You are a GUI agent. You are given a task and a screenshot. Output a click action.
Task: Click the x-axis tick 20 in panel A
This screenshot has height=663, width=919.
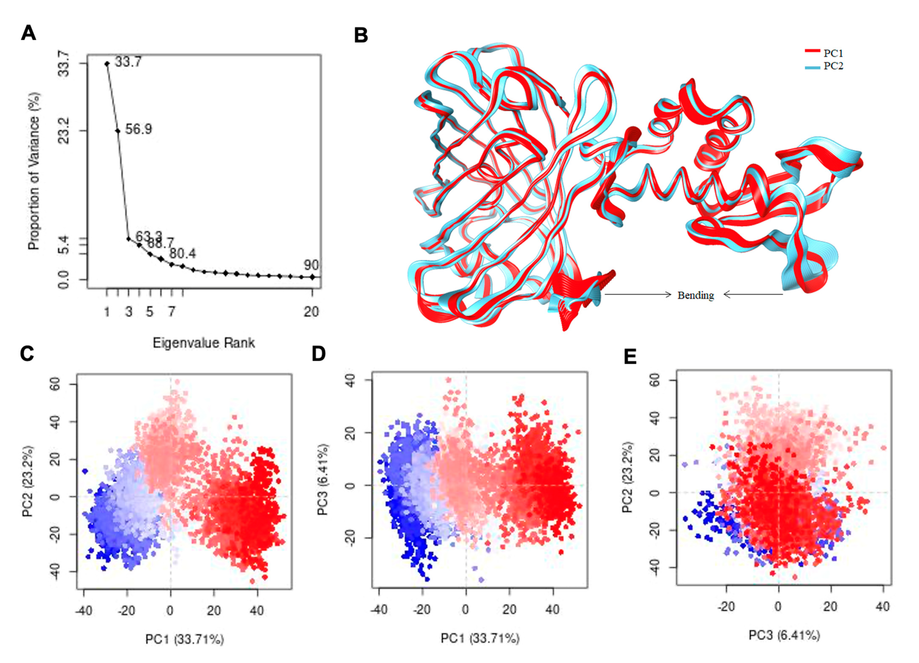[311, 312]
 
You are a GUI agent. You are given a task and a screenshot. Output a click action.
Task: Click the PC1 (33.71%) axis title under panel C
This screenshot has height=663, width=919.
[184, 639]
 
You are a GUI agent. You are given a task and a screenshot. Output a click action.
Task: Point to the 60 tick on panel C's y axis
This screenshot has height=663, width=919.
[56, 384]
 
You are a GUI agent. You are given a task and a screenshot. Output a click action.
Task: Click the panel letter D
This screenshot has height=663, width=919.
[319, 354]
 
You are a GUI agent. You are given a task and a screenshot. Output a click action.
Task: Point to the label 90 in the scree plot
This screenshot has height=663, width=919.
[311, 265]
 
